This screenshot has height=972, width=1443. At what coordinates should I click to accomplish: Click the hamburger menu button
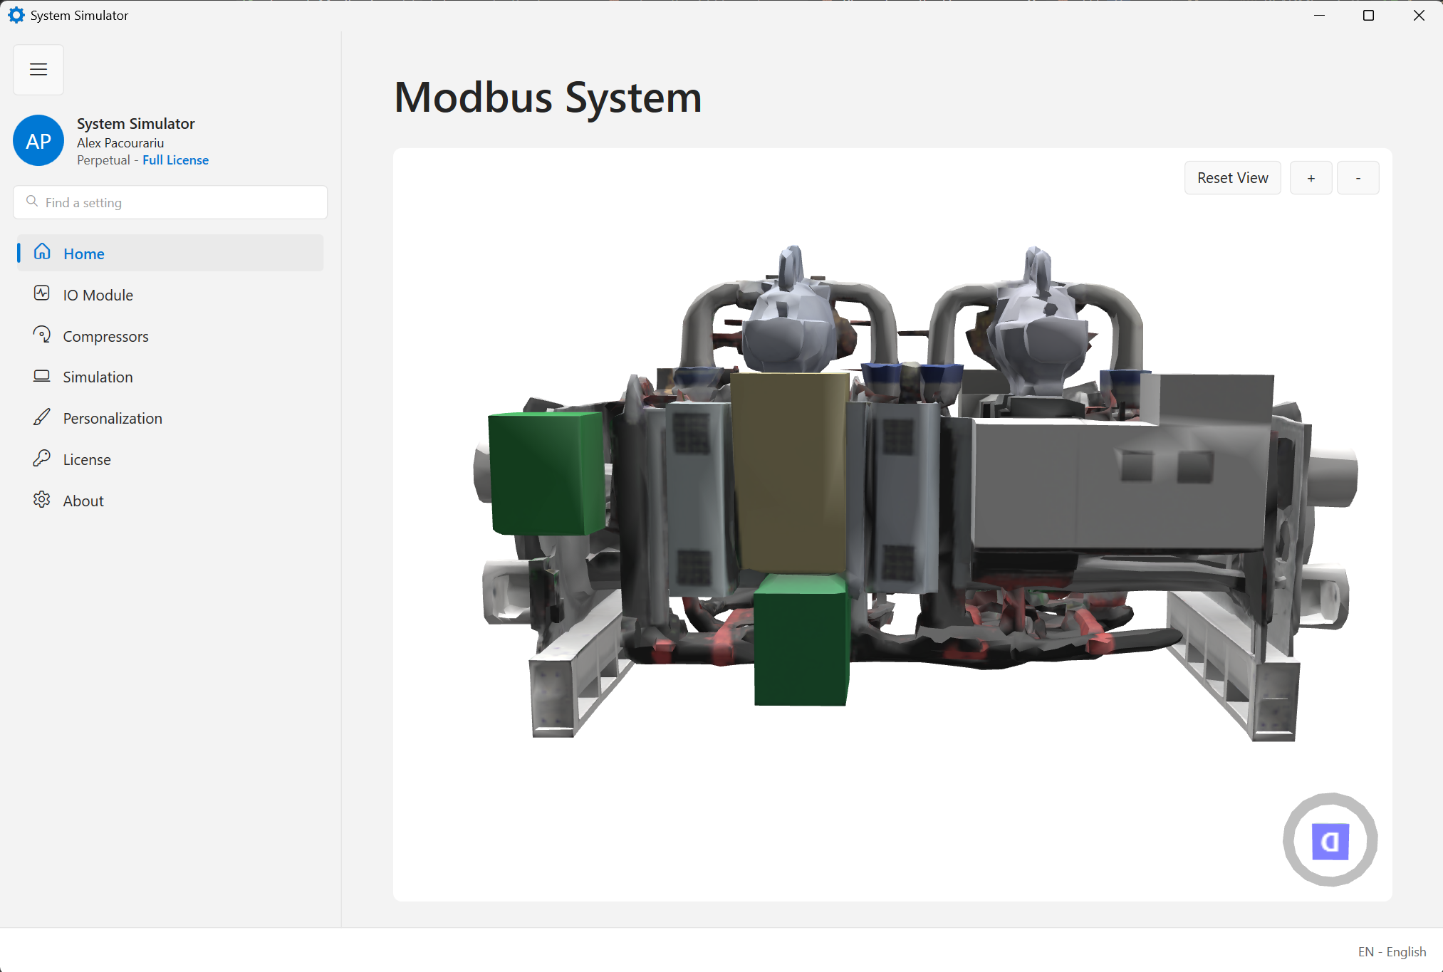[38, 70]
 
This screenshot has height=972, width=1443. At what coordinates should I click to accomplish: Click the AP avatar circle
[38, 141]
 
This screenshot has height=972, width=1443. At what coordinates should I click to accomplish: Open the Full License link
[175, 160]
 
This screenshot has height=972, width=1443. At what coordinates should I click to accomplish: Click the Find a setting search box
[170, 202]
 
